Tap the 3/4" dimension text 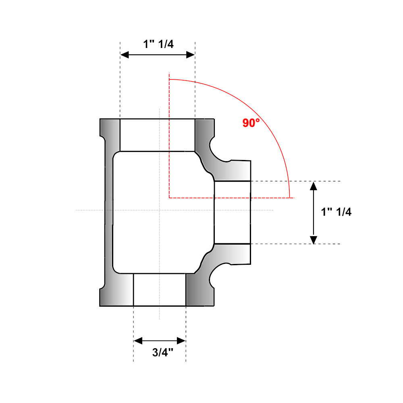click(163, 353)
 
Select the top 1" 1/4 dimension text click(158, 44)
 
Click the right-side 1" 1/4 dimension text click(336, 212)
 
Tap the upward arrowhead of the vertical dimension click(313, 185)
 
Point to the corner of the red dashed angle click(169, 198)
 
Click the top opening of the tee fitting click(157, 135)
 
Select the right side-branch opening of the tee click(232, 212)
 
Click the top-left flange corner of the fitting click(101, 120)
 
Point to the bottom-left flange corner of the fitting click(101, 305)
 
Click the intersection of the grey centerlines click(160, 210)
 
